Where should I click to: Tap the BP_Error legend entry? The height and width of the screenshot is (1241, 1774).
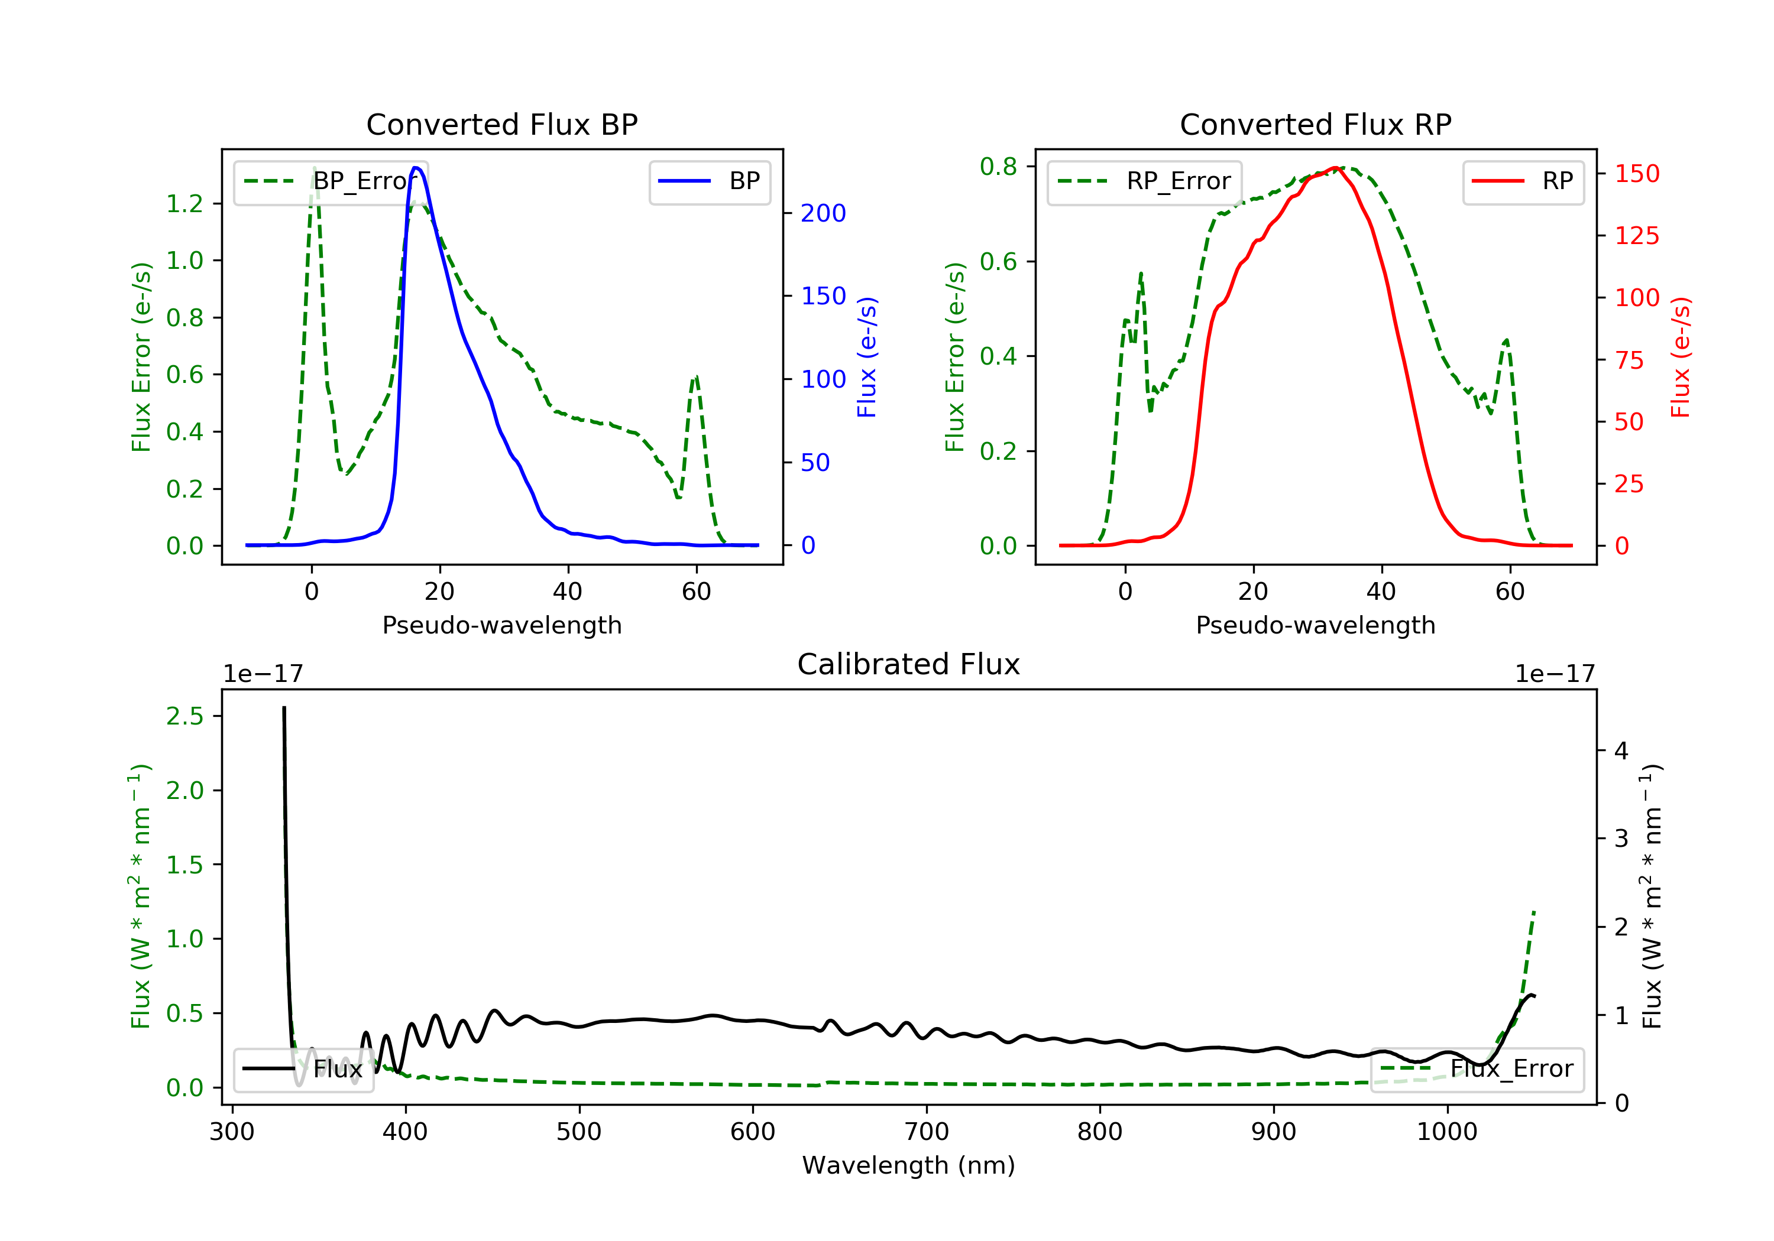[x=331, y=182]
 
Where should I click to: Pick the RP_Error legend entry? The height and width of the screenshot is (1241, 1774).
[x=1144, y=182]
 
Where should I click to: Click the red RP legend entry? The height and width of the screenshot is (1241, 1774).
[x=1523, y=182]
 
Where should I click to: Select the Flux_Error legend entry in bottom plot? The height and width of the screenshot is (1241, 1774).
[x=1477, y=1070]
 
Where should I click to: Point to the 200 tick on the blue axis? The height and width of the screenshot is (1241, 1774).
[x=823, y=214]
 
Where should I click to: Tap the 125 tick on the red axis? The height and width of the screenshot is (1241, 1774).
[x=1636, y=236]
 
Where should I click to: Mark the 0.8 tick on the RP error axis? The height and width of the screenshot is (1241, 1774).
[x=998, y=167]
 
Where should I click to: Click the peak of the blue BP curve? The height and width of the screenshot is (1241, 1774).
[x=416, y=168]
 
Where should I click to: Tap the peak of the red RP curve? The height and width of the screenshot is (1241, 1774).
[x=1335, y=168]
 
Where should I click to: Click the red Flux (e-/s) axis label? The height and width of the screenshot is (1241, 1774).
[x=1681, y=358]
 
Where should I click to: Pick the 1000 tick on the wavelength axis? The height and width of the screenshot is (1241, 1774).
[x=1446, y=1132]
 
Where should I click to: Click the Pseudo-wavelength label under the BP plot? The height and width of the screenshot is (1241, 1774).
[x=501, y=625]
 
